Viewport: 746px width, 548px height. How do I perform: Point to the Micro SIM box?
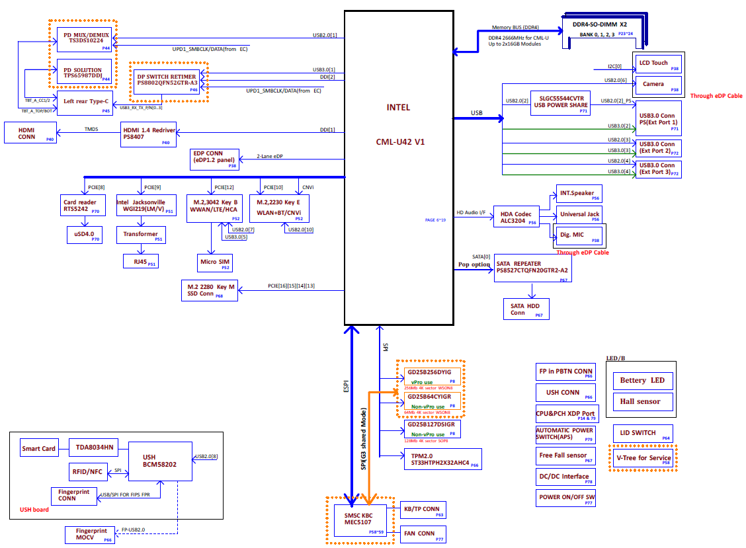(216, 262)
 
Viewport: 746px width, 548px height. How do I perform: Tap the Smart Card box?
(39, 448)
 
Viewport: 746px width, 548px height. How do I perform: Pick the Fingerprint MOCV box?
(91, 535)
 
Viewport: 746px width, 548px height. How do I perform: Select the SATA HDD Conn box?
(526, 309)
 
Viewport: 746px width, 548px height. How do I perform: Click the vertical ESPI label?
(346, 386)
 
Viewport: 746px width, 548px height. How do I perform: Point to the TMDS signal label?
(91, 129)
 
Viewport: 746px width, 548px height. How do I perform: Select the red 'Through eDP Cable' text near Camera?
(716, 96)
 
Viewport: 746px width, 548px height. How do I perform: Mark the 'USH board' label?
(34, 510)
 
